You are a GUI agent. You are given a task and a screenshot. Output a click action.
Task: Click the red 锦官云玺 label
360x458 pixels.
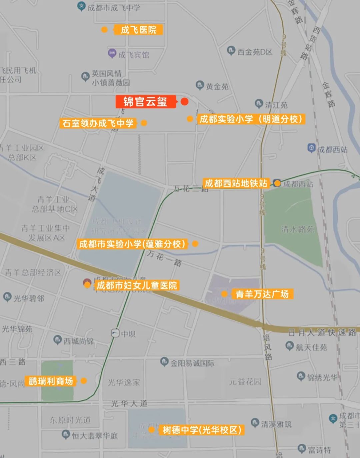[x=145, y=102]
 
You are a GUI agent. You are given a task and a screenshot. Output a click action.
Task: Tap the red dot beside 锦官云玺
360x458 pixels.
[x=184, y=101]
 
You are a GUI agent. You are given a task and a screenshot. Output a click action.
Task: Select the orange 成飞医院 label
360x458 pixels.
[x=138, y=30]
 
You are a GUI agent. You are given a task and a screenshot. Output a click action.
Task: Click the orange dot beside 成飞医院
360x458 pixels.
[x=104, y=30]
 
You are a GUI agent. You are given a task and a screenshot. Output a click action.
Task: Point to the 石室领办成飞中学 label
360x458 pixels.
[x=98, y=123]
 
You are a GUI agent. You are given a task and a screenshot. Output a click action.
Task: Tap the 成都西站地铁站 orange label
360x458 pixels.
[x=236, y=183]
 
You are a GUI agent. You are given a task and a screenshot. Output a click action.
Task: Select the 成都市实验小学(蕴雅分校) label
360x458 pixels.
[x=132, y=244]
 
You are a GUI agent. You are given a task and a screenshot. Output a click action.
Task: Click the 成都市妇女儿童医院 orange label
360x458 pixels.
[x=137, y=286]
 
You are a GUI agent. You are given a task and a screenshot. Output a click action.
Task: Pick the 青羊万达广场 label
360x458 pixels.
[x=262, y=294]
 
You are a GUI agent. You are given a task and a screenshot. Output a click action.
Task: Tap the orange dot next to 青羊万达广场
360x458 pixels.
[x=225, y=294]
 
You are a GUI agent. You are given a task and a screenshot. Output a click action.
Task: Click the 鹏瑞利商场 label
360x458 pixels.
[x=51, y=381]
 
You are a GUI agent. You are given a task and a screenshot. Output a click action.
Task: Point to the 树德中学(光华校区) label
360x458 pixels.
[x=202, y=430]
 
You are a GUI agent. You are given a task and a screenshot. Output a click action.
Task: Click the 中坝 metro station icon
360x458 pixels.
[x=115, y=333]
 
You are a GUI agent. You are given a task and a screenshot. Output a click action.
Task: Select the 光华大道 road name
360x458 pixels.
[x=129, y=404]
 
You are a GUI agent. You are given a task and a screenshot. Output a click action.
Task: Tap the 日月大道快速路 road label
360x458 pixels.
[x=322, y=332]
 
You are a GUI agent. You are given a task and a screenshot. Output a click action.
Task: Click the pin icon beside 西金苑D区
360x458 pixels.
[x=231, y=51]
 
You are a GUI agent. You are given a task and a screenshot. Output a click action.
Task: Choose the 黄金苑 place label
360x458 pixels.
[x=217, y=87]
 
